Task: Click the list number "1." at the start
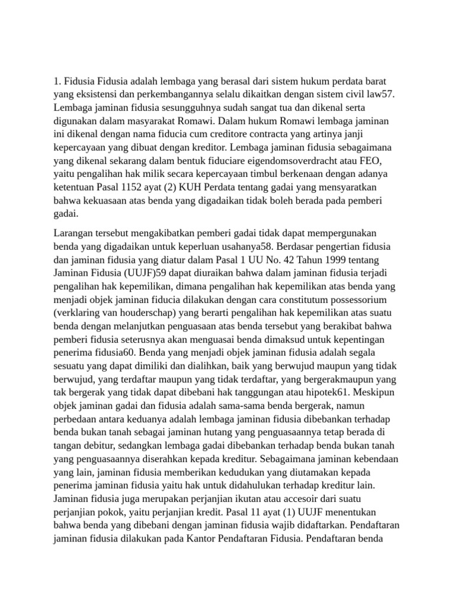tap(57, 80)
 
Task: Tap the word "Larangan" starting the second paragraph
tap(73, 233)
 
